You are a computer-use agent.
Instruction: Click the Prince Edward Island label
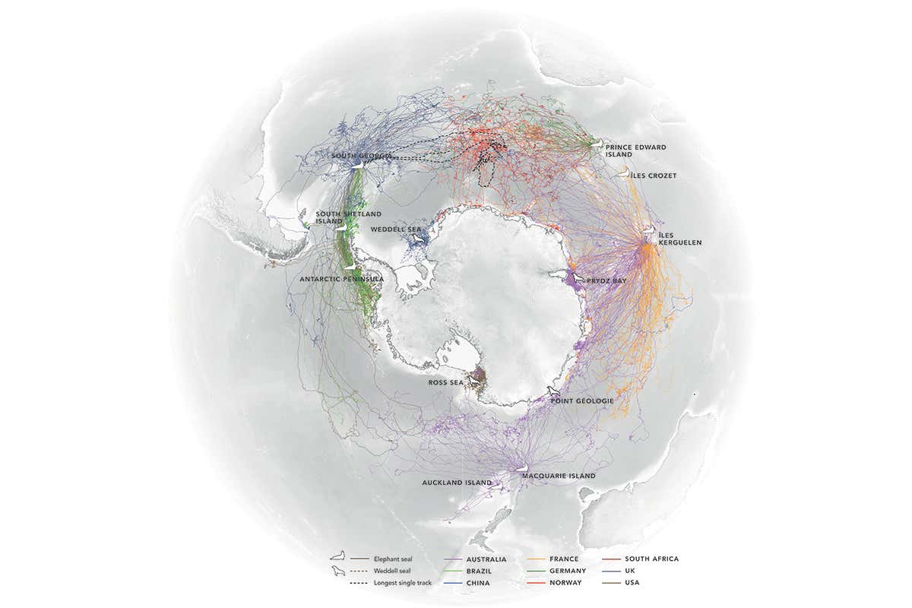pyautogui.click(x=635, y=149)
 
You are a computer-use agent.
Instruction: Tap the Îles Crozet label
pyautogui.click(x=654, y=176)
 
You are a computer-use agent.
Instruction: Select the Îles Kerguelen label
pyautogui.click(x=680, y=239)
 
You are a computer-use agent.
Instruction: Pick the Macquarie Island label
pyautogui.click(x=558, y=476)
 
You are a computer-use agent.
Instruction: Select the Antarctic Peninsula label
pyautogui.click(x=341, y=279)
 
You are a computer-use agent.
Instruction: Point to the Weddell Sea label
pyautogui.click(x=391, y=229)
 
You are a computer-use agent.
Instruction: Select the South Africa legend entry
pyautogui.click(x=652, y=559)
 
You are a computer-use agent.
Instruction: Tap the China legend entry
pyautogui.click(x=479, y=583)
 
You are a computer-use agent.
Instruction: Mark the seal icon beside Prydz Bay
pyautogui.click(x=580, y=280)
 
